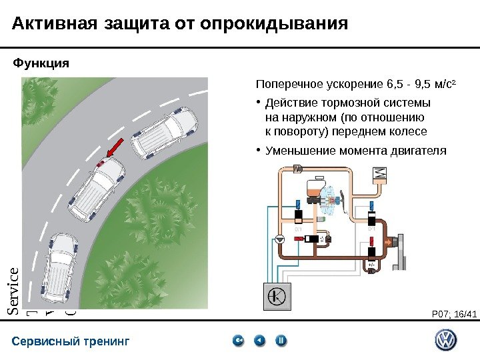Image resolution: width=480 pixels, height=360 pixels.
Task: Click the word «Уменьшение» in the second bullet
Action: pos(298,151)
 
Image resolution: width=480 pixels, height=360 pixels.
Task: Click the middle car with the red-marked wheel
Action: pos(98,188)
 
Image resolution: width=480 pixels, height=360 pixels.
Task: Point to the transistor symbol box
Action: pos(279,296)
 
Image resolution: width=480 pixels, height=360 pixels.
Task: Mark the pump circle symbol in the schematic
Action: pos(280,238)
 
